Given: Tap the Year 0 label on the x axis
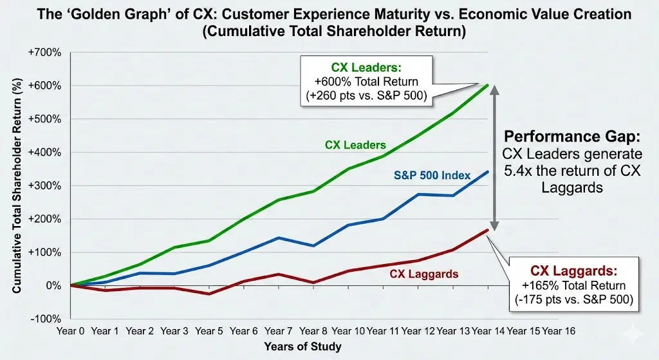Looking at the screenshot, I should (71, 330).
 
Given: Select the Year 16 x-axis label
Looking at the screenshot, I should (558, 330).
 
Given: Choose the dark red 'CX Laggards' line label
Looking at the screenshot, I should (424, 274).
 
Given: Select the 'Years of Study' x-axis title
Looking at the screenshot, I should (302, 346).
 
